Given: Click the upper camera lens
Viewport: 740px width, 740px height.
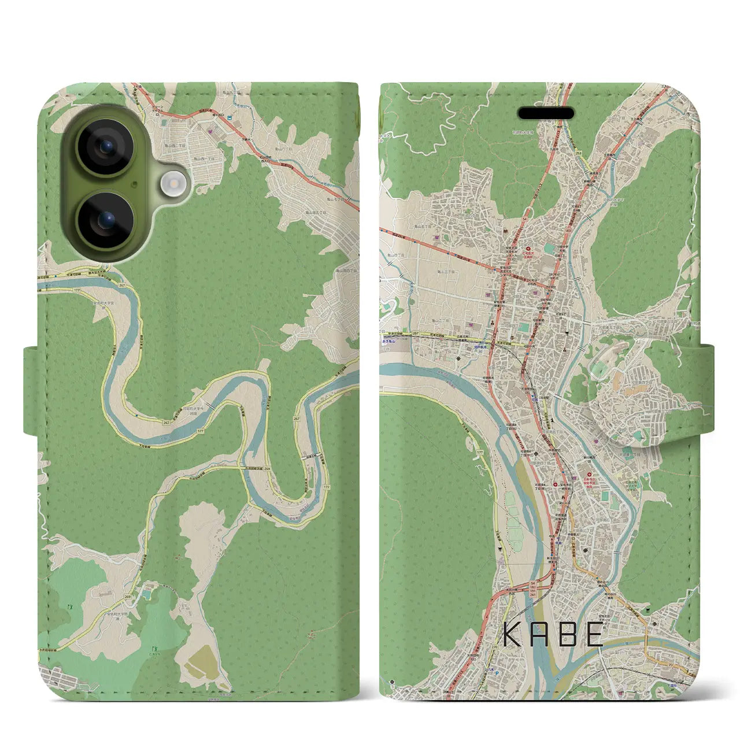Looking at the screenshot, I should [x=105, y=147].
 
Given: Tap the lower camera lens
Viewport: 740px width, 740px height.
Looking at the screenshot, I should [x=105, y=220].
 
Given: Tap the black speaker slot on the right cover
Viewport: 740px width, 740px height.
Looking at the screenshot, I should [x=546, y=112].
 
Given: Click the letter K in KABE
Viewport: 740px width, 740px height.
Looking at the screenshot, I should [x=514, y=634].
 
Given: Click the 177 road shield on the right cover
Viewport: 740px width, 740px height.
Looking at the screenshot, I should [x=480, y=453].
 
